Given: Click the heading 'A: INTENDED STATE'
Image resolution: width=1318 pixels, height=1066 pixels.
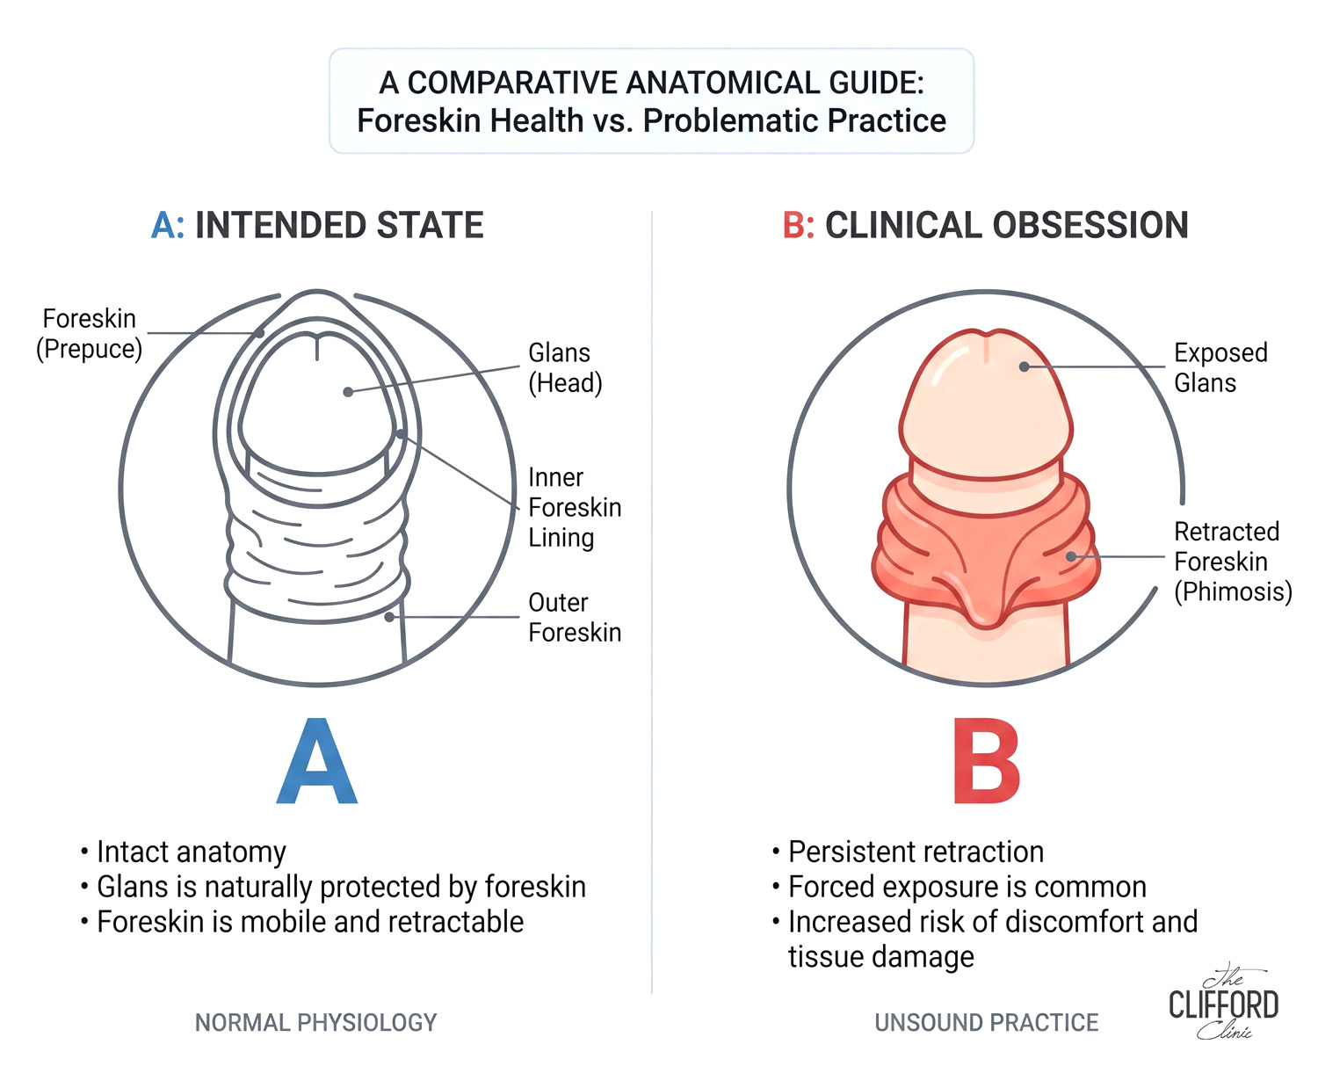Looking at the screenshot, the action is tap(317, 225).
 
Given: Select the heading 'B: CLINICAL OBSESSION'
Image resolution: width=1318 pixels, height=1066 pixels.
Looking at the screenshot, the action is tap(984, 225).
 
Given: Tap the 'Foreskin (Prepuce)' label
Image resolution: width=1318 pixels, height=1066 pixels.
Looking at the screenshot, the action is tap(89, 334).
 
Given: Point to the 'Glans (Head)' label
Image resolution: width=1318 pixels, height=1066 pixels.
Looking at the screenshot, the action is tap(565, 368).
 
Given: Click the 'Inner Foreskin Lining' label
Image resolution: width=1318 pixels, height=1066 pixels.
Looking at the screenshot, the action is tap(575, 507).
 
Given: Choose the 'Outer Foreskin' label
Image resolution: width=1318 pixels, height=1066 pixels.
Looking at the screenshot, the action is tap(575, 618).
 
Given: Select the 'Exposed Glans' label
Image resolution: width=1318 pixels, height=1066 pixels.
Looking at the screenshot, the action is tap(1220, 367).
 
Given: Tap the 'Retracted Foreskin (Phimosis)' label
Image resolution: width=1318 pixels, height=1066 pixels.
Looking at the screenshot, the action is tap(1234, 562).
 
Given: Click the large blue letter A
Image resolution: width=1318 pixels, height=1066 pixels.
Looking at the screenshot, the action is tap(317, 761).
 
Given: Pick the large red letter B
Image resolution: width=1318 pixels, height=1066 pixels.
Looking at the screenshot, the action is tap(987, 761).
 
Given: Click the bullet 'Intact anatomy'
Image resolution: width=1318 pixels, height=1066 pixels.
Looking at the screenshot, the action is tap(184, 852).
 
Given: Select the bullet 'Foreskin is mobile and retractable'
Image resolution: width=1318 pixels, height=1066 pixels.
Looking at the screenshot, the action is tap(302, 922).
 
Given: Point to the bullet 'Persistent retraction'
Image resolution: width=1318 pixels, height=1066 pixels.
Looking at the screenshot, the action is tap(909, 852).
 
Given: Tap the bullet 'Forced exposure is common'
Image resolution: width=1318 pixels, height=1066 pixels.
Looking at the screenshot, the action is tap(960, 888).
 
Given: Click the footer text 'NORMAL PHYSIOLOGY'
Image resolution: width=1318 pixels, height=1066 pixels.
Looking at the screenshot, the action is tap(316, 1023).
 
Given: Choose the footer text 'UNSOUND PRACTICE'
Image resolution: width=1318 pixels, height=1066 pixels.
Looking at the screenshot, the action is tap(987, 1023).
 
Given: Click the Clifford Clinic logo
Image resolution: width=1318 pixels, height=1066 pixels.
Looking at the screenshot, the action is tap(1224, 1001).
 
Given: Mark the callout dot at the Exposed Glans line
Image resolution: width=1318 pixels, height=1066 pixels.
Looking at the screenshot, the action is tap(1024, 366).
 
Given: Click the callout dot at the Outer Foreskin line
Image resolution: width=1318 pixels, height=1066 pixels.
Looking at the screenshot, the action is tap(389, 617).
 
